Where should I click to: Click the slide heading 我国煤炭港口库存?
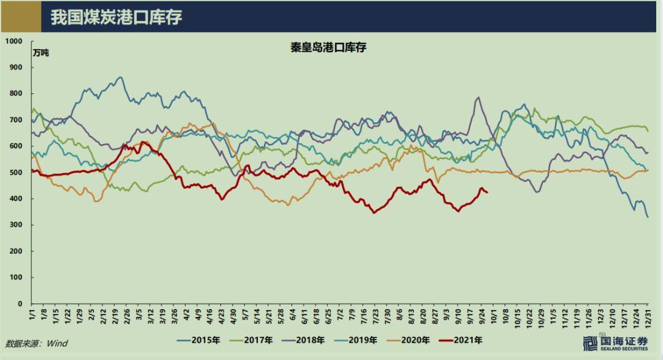tap(117, 17)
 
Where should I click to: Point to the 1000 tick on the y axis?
tap(14, 41)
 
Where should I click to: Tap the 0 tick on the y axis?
tap(20, 303)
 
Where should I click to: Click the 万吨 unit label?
tap(41, 53)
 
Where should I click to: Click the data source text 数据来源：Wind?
tap(36, 343)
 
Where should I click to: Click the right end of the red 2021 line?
tap(487, 193)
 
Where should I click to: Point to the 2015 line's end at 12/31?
tap(648, 217)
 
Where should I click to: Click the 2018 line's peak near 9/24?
tap(478, 97)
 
